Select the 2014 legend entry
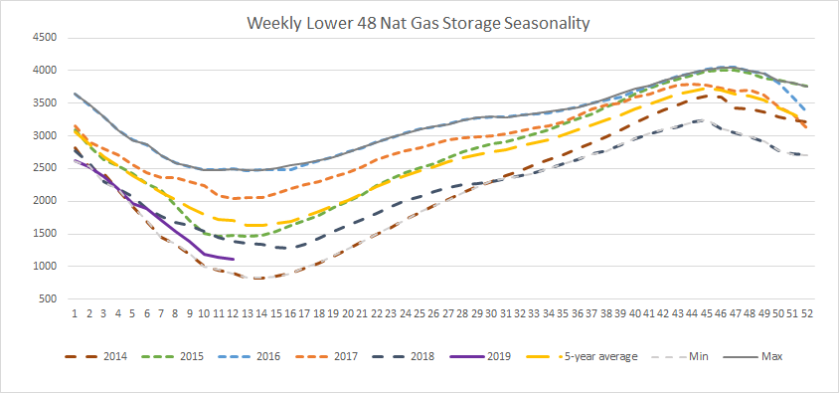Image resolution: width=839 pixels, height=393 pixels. (x=96, y=356)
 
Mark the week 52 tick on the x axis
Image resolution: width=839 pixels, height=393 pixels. (x=808, y=313)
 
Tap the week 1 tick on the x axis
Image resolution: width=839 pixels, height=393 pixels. (x=75, y=313)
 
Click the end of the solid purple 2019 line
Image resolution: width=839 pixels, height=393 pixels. (x=234, y=259)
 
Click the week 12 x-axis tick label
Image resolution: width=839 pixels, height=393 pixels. (x=233, y=313)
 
